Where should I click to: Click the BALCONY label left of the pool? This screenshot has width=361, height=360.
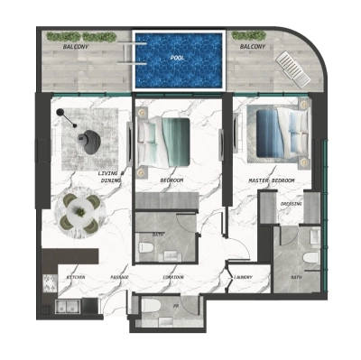pyautogui.click(x=75, y=44)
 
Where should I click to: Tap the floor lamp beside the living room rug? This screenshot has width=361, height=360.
pyautogui.click(x=60, y=113)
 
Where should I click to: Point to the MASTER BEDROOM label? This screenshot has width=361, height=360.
pyautogui.click(x=273, y=180)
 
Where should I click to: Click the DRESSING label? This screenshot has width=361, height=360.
pyautogui.click(x=291, y=203)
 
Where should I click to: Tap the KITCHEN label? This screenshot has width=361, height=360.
pyautogui.click(x=76, y=277)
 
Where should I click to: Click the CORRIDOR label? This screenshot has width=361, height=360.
pyautogui.click(x=173, y=277)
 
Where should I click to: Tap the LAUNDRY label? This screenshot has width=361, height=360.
pyautogui.click(x=242, y=277)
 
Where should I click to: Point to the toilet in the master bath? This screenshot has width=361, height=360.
pyautogui.click(x=309, y=258)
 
